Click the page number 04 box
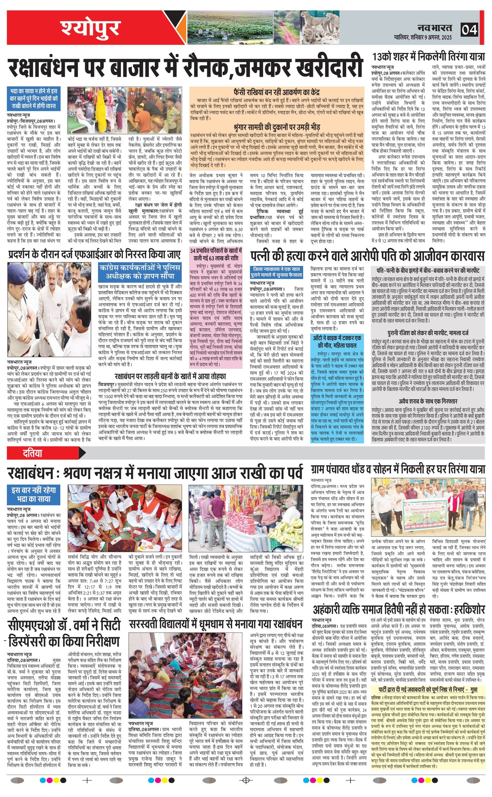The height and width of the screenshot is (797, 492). point(469,30)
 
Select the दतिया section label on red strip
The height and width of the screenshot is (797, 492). point(33,453)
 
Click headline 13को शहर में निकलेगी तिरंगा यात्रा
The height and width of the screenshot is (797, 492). point(429,57)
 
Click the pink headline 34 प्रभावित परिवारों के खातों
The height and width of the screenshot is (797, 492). point(216,254)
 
